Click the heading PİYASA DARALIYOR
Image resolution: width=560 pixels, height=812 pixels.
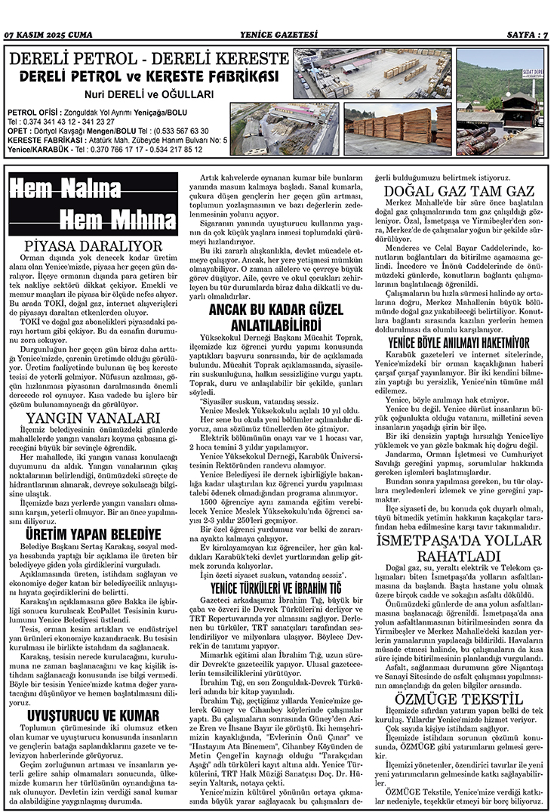click(x=94, y=246)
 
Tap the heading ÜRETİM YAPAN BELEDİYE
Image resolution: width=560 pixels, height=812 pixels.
click(x=93, y=533)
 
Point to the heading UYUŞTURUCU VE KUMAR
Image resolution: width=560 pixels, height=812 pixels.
click(x=93, y=715)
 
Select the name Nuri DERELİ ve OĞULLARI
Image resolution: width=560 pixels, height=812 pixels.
click(x=149, y=94)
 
